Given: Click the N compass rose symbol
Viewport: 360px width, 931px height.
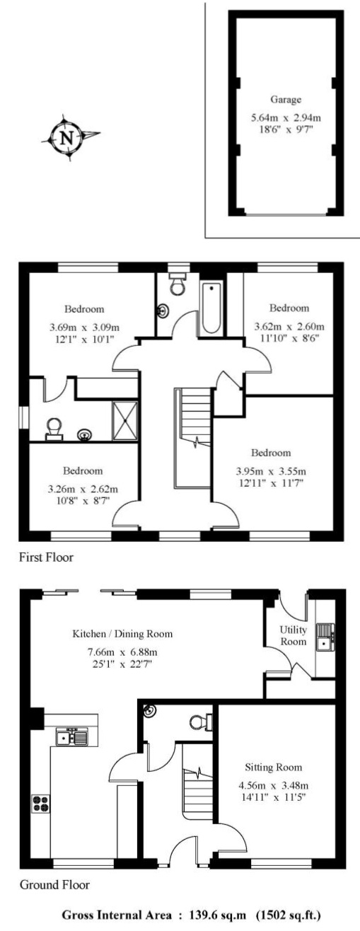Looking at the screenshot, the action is pos(68,137).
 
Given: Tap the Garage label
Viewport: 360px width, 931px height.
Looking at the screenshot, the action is pos(286,99).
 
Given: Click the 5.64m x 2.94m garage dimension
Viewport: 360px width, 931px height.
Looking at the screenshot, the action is pos(286,117).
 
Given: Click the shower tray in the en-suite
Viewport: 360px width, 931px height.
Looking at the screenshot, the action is pos(125,420).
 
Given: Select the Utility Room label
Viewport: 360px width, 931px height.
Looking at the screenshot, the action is pos(293,635).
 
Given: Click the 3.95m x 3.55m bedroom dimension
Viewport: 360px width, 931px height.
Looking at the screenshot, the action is pos(271,471).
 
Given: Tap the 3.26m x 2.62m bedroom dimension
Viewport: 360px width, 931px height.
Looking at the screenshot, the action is pos(83,489).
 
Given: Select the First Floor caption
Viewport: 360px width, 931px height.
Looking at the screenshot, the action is pos(46,557).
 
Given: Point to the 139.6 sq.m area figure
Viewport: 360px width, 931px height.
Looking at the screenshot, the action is pos(218,915).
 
